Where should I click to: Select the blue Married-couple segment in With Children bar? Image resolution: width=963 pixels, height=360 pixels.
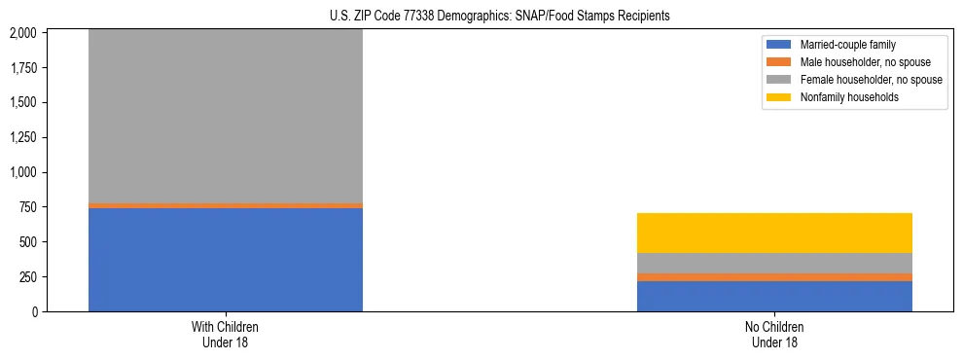tap(226, 260)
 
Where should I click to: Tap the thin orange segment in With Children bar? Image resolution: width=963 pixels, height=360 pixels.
tap(226, 205)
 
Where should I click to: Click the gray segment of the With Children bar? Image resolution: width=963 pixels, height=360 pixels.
tap(226, 117)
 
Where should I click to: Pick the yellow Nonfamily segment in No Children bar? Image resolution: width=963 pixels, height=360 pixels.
tap(774, 234)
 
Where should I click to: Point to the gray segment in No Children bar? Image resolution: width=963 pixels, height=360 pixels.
tap(774, 263)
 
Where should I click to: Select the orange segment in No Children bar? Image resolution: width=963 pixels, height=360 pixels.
tap(774, 277)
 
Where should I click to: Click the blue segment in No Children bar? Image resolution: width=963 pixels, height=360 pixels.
tap(774, 296)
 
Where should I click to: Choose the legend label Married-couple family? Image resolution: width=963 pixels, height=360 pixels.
tap(846, 45)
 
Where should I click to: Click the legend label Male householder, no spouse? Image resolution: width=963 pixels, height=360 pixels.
tap(858, 62)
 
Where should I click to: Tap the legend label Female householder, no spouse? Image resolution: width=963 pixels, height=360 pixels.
tap(871, 80)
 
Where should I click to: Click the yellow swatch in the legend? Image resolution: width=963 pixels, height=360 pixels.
tap(780, 97)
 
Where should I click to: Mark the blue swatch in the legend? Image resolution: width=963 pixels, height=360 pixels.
tap(780, 45)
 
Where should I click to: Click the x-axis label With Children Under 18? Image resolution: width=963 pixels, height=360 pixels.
tap(226, 334)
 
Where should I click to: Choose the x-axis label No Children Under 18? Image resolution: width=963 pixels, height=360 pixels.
tap(774, 334)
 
